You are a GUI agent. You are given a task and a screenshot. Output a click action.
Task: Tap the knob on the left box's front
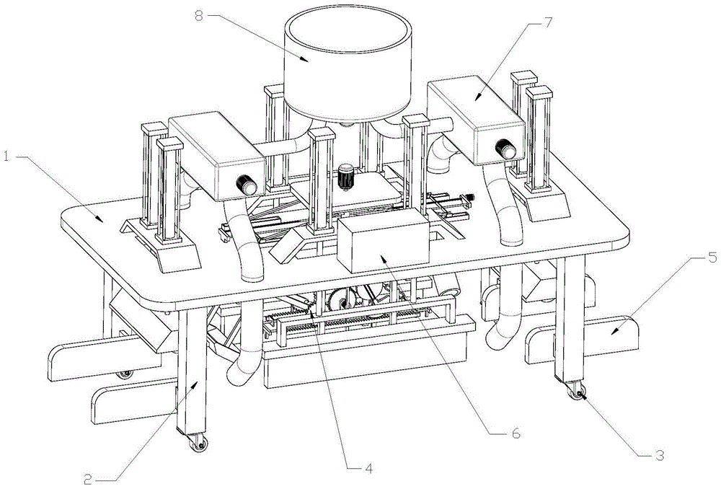[x=249, y=186]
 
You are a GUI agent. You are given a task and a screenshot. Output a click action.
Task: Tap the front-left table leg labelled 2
[x=192, y=375]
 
